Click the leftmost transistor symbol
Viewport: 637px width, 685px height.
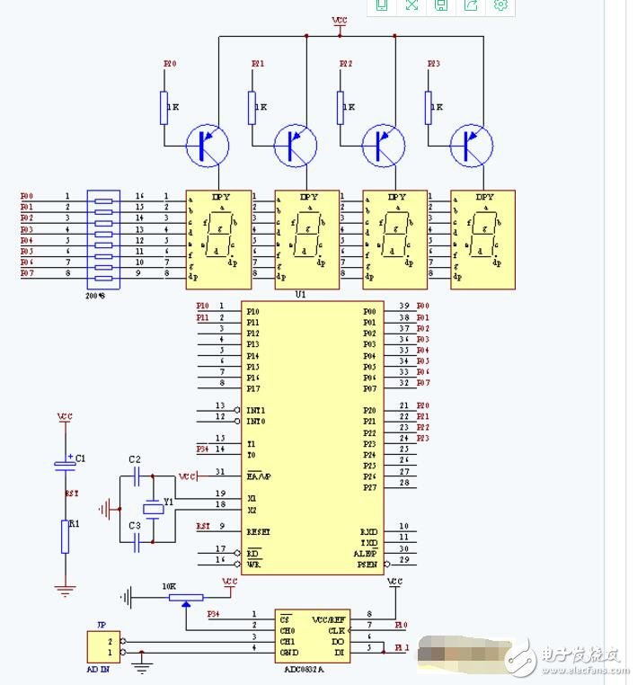tap(208, 145)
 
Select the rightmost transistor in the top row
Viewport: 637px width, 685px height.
tap(472, 145)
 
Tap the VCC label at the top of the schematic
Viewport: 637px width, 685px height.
tap(340, 20)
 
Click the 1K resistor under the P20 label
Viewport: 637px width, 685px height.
tap(164, 107)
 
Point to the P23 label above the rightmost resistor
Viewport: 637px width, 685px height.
tap(433, 64)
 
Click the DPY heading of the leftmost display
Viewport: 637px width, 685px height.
tap(220, 196)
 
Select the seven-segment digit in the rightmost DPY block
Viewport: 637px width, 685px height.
tap(484, 237)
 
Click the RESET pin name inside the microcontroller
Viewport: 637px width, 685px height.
tap(259, 531)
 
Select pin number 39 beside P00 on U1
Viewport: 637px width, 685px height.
tap(404, 307)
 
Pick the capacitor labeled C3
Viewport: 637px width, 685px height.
tap(136, 542)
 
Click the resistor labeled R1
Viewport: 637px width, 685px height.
tap(65, 536)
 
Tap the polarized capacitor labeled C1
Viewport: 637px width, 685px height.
tap(65, 464)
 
